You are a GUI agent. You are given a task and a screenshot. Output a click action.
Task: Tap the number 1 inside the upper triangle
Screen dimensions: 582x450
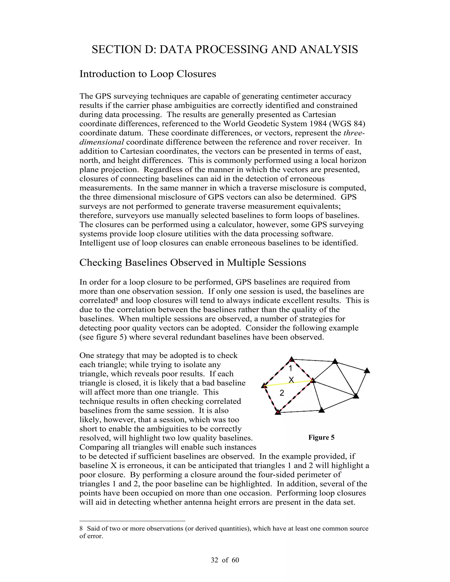coord(290,369)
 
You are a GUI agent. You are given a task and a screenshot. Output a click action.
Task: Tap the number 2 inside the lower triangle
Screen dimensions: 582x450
coord(282,393)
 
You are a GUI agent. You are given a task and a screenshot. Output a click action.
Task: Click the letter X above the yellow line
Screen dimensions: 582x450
coord(291,380)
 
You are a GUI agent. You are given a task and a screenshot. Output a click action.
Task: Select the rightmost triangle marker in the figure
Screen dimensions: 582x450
coord(367,371)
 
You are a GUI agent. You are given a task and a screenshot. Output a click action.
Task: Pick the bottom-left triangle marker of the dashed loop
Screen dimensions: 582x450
coord(278,412)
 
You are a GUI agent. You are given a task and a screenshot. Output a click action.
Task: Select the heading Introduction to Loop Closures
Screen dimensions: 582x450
coord(148,74)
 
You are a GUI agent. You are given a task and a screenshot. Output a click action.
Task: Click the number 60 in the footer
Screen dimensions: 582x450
coord(235,560)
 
